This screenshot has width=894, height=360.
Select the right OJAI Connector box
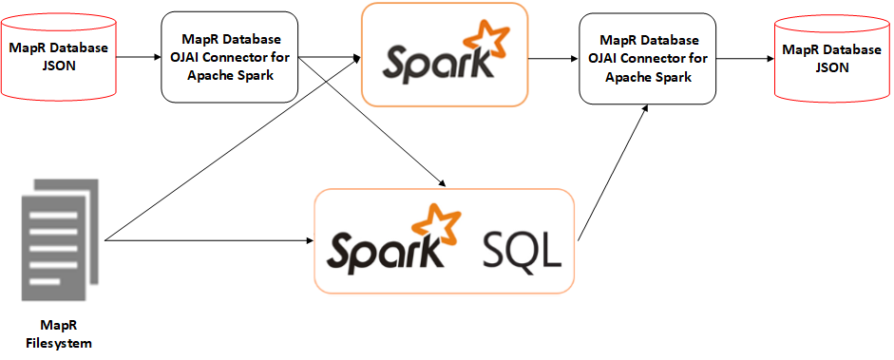(x=647, y=58)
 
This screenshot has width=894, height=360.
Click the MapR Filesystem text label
(x=59, y=333)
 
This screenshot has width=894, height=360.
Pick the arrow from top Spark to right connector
(x=554, y=58)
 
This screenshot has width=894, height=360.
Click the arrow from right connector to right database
(x=745, y=58)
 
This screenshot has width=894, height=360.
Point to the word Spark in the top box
(x=437, y=63)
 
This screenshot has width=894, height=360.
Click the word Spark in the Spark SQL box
(x=385, y=249)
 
